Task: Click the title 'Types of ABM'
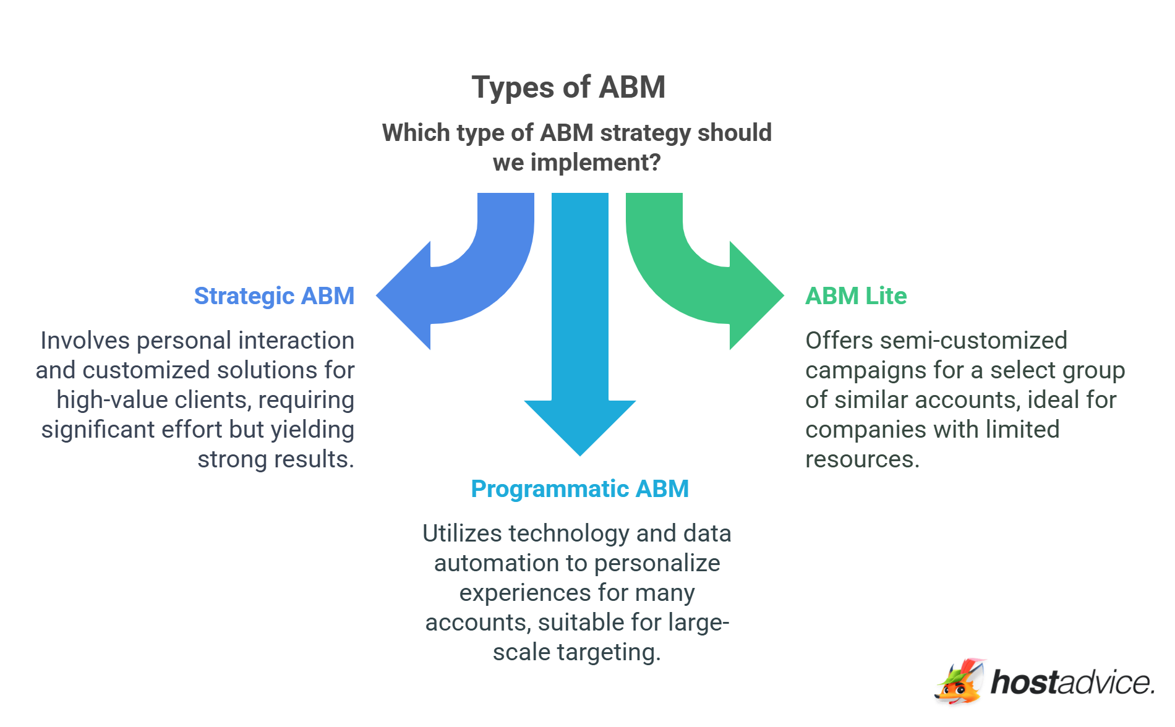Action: click(568, 87)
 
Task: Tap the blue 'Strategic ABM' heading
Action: click(274, 296)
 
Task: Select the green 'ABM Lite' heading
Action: click(855, 296)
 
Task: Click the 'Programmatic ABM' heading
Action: click(579, 489)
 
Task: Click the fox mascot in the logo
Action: click(959, 682)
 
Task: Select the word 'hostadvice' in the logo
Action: click(1072, 682)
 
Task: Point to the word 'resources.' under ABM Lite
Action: click(862, 459)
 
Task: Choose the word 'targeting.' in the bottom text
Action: click(609, 652)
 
